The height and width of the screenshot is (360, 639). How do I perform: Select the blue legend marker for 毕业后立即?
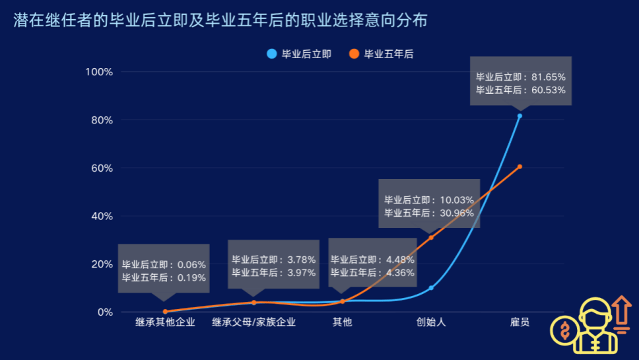coord(271,54)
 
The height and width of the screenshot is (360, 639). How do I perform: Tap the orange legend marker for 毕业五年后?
coord(354,54)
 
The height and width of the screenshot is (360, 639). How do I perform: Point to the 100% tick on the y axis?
coord(100,71)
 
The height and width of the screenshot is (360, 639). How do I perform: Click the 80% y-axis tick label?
coord(103,120)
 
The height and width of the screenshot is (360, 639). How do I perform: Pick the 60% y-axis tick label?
coord(103,168)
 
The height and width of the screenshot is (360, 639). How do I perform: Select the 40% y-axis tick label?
coord(103,216)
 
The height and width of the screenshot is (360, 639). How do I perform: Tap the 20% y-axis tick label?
coord(103,264)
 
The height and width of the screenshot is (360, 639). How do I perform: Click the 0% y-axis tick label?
coord(106,312)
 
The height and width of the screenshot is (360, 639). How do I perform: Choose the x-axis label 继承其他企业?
coord(165,322)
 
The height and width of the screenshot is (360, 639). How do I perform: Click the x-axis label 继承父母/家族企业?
coord(253,322)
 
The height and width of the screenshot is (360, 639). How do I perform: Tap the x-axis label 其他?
coord(342,322)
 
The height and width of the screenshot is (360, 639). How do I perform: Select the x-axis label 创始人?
coord(431,322)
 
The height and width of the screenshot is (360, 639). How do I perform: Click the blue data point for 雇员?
coord(520,116)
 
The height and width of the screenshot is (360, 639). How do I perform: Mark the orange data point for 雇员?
coord(520,166)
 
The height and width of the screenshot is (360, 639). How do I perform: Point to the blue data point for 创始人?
coord(431,288)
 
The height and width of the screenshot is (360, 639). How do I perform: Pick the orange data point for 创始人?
coord(431,238)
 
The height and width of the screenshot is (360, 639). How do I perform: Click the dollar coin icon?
coord(564,330)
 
